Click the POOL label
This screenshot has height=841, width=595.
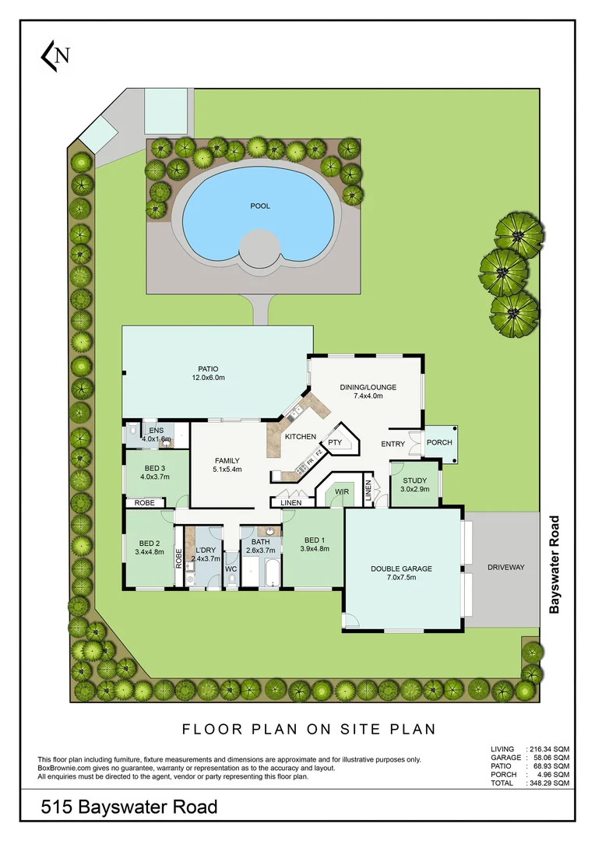[x=260, y=206]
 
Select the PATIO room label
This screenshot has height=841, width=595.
[x=208, y=368]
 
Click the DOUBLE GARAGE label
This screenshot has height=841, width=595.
[x=401, y=568]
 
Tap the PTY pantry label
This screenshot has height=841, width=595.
[x=335, y=442]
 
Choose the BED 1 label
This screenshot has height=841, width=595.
[x=314, y=540]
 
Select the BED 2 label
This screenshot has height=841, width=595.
[x=149, y=543]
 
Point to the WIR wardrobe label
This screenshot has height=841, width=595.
[x=341, y=492]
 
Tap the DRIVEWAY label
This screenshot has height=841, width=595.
[x=505, y=568]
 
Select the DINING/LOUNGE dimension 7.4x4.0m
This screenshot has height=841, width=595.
[x=368, y=396]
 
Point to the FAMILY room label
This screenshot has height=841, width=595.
[x=227, y=460]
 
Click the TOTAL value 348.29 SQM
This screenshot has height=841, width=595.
[x=549, y=783]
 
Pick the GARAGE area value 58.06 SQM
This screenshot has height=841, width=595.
[x=549, y=757]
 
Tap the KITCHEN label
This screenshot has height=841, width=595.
[x=300, y=437]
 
